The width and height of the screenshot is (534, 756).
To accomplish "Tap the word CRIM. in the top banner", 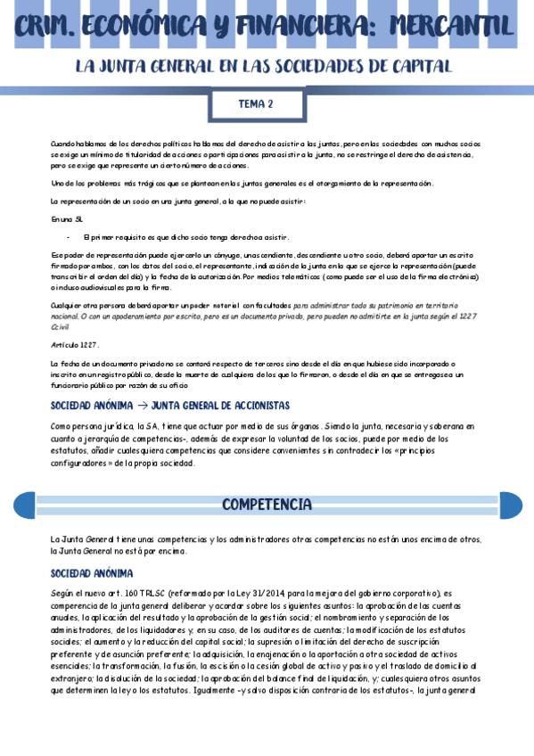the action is click(x=52, y=25).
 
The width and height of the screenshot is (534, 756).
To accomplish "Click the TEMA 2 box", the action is click(x=256, y=104).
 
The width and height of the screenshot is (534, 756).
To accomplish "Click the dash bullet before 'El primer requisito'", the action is click(x=69, y=237).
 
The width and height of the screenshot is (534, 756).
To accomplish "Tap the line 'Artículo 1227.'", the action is click(x=75, y=345).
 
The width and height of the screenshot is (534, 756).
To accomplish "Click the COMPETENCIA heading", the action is click(x=267, y=505).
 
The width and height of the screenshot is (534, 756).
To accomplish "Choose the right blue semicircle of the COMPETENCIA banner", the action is click(x=511, y=505).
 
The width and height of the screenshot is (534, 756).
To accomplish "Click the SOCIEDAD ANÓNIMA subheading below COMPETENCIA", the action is click(x=92, y=573).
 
